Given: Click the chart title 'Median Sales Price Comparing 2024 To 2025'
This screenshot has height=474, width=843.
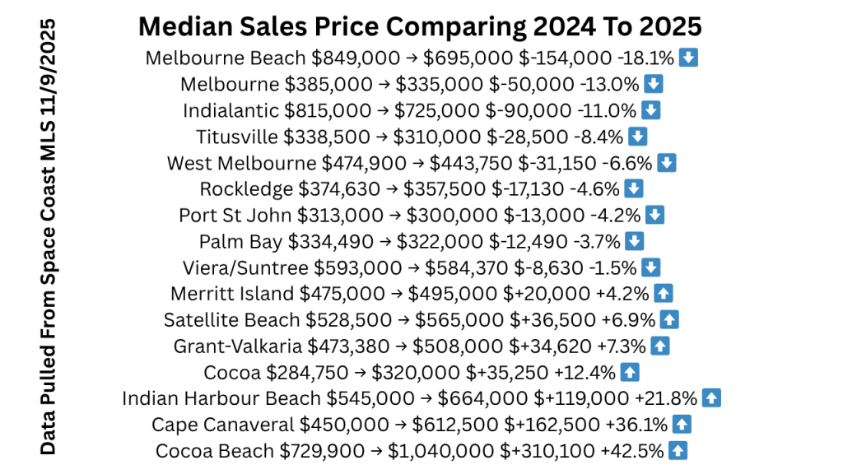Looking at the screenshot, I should pyautogui.click(x=420, y=26).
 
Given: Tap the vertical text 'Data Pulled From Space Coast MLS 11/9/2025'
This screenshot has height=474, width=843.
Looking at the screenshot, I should pyautogui.click(x=49, y=237).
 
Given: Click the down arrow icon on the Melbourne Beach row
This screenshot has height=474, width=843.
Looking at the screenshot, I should pyautogui.click(x=690, y=58).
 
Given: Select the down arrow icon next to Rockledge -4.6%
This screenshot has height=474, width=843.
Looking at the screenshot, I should pyautogui.click(x=633, y=189).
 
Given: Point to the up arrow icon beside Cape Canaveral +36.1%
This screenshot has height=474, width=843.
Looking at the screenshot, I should pyautogui.click(x=681, y=425).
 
